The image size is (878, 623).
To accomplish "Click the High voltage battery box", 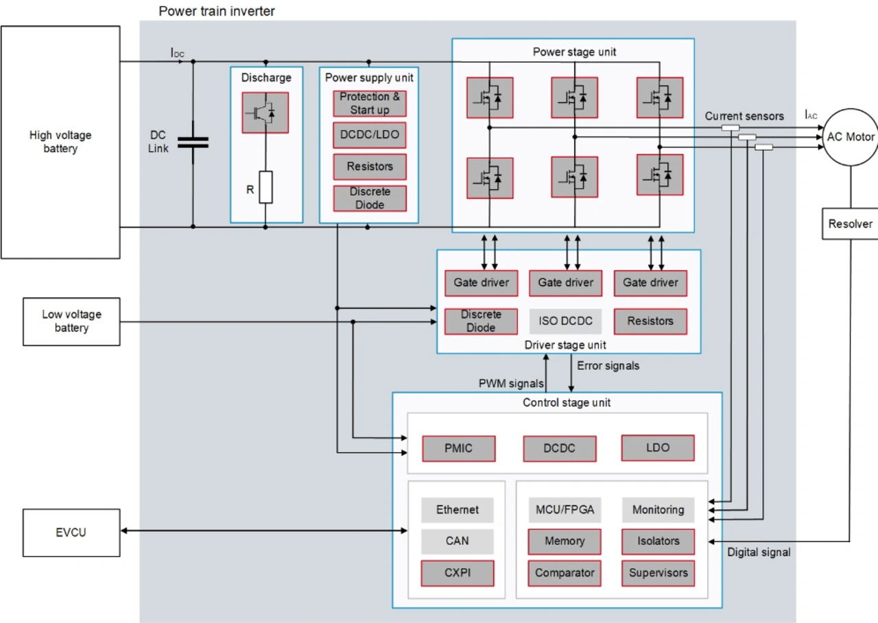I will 60,142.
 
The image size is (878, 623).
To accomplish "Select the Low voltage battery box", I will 71,321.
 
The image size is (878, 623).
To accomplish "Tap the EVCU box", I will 71,533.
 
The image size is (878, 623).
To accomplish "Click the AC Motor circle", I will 851,137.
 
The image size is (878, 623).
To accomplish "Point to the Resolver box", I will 851,224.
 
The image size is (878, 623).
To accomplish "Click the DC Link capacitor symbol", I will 193,143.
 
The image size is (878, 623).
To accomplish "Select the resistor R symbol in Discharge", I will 265,187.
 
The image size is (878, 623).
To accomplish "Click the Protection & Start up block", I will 370,103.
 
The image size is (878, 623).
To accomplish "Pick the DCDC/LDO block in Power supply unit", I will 370,135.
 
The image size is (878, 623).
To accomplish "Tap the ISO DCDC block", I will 565,321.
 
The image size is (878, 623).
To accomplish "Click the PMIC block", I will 458,449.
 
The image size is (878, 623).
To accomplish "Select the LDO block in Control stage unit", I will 657,448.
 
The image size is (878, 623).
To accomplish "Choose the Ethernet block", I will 458,510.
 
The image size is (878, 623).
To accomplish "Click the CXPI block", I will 458,573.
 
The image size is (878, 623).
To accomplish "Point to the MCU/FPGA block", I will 565,510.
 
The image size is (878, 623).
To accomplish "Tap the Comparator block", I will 565,573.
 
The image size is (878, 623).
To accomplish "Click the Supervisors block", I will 658,573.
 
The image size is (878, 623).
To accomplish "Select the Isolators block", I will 658,541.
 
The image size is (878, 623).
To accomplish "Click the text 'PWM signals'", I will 511,383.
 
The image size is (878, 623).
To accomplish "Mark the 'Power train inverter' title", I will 217,11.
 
